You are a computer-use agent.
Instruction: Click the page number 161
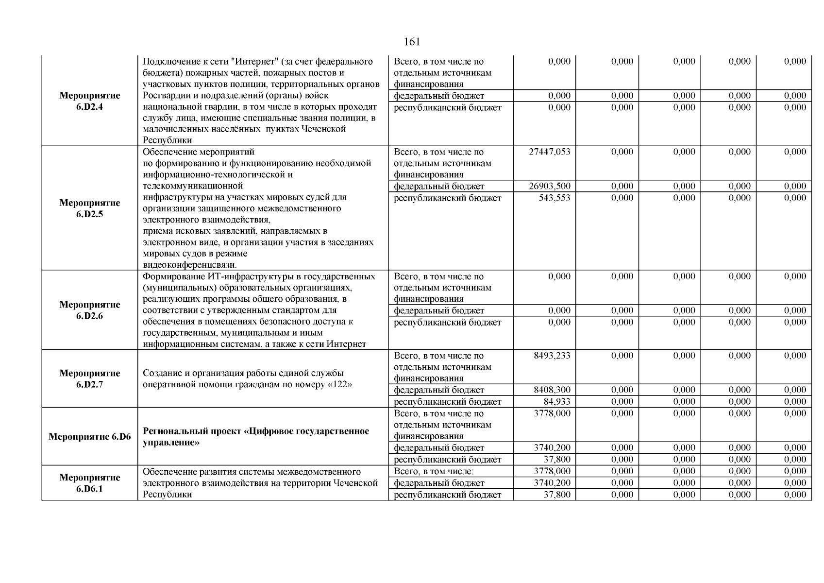(x=411, y=42)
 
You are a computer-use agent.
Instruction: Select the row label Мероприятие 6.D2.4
(x=90, y=101)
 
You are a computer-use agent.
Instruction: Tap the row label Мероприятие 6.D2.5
(x=90, y=208)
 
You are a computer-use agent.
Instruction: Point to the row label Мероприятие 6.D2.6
(x=90, y=310)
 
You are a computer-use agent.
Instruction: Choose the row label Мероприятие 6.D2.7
(x=90, y=379)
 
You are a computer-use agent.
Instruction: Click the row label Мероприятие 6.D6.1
(x=90, y=483)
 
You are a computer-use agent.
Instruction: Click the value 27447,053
(x=549, y=152)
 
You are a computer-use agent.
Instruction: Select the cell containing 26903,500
(x=549, y=186)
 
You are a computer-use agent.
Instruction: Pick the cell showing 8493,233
(x=552, y=356)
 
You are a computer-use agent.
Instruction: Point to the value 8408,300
(x=552, y=390)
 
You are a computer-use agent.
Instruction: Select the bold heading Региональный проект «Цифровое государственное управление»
(x=256, y=437)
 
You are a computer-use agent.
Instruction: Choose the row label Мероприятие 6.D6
(x=90, y=437)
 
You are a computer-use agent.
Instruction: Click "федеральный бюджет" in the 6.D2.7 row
(x=438, y=390)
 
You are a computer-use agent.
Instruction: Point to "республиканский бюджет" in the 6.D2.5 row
(x=447, y=198)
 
